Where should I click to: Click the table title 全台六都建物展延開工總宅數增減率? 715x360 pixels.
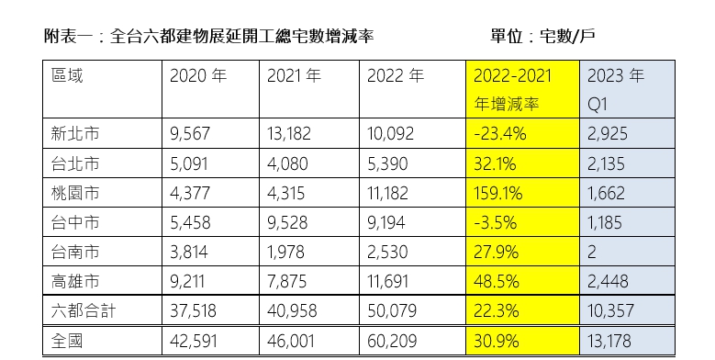pos(196,37)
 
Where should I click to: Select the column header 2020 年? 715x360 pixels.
pos(197,76)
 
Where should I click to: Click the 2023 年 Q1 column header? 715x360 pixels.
pos(616,89)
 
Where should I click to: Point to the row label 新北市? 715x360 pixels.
pos(76,133)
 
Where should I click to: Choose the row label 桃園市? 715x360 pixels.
pos(76,193)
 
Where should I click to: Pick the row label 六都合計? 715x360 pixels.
pos(84,311)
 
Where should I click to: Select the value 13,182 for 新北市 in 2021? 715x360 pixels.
pos(292,134)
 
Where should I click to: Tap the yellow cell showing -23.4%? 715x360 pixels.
pos(500,134)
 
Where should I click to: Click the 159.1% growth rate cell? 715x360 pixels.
pos(499,193)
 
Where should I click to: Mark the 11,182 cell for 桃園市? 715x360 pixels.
pos(392,193)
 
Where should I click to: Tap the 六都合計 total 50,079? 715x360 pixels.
pos(393,311)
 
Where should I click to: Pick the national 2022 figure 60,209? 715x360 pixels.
pos(393,341)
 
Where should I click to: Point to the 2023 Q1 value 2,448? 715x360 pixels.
pos(608,281)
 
